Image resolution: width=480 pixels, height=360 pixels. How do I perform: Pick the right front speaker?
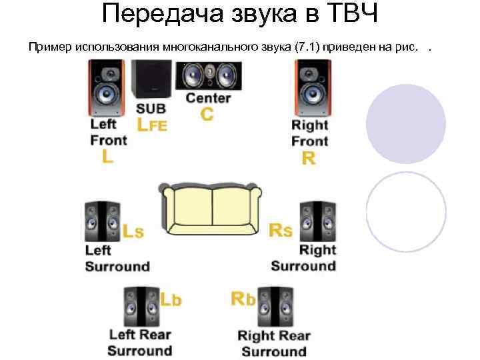312,88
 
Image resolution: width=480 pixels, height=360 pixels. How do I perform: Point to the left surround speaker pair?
103,221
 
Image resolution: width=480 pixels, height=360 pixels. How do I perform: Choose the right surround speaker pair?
317,221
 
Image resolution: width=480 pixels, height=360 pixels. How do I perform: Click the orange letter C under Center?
207,115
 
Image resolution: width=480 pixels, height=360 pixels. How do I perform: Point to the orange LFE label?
152,124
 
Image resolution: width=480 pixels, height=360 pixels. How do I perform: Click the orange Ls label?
133,231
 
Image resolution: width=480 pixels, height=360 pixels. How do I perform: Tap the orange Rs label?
280,231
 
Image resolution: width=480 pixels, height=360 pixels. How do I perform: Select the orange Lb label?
171,299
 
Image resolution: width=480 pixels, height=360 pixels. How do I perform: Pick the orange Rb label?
243,299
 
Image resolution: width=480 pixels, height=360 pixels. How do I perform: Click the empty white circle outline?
406,211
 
